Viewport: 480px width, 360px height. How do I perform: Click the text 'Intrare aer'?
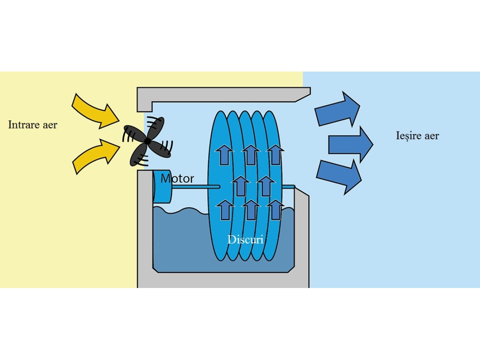32,125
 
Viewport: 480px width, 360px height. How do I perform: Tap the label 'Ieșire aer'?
417,136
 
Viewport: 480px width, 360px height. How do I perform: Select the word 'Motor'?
177,178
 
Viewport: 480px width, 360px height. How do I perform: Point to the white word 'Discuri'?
246,240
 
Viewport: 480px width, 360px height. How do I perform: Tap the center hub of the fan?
148,141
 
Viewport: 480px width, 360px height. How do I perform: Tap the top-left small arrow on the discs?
225,154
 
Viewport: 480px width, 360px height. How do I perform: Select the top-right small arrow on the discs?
275,154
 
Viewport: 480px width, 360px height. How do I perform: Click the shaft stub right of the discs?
288,186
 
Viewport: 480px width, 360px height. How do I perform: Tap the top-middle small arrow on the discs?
251,154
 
